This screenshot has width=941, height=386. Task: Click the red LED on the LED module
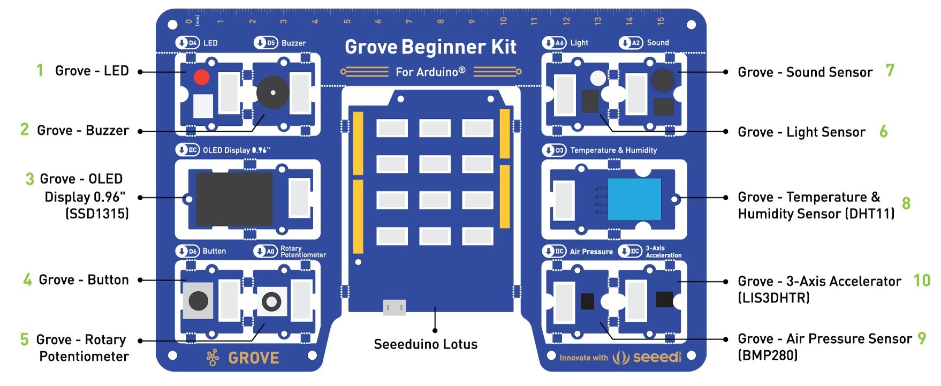pos(201,77)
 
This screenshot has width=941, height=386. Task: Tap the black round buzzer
pos(272,93)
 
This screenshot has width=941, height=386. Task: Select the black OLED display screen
pos(234,199)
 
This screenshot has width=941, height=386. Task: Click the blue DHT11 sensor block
pos(634,199)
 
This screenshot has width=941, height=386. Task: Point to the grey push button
pos(198,301)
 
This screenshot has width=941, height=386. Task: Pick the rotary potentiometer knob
pos(271,301)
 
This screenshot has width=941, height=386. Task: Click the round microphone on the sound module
pos(662,80)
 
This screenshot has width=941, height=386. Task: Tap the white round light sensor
pos(598,78)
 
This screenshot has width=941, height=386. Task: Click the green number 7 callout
pos(890,70)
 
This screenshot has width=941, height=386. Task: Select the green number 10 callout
pos(922,280)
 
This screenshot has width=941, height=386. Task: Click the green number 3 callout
pos(30,179)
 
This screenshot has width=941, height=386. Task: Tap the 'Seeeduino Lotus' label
pos(426,344)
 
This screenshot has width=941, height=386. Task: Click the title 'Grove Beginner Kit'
pos(430,47)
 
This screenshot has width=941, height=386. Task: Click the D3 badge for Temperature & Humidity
pos(554,150)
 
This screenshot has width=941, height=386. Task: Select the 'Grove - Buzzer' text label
pos(83,131)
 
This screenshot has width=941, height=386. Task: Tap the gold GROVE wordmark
pos(253,358)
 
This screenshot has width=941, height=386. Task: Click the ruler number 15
pos(661,20)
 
